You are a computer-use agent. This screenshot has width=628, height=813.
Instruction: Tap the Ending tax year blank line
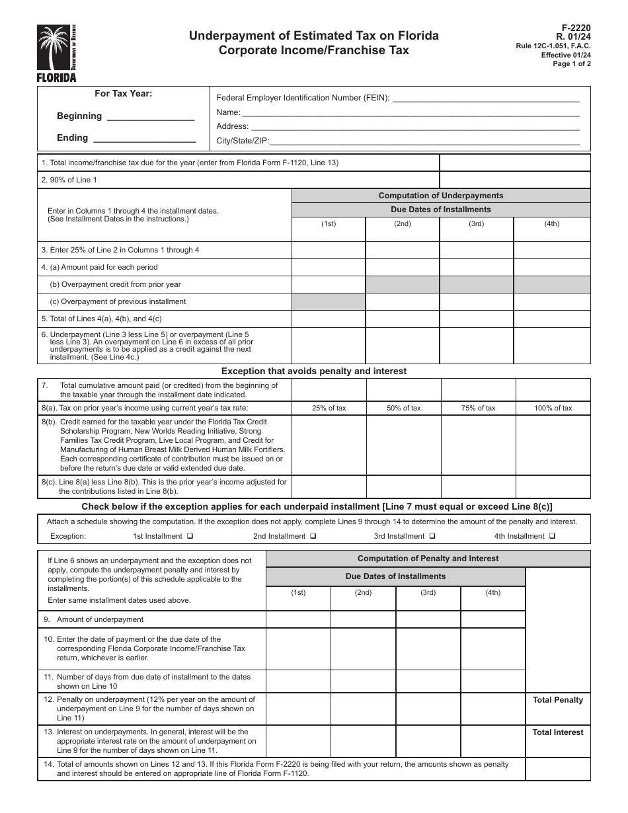point(144,139)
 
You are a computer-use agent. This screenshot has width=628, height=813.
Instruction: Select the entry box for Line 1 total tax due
point(515,163)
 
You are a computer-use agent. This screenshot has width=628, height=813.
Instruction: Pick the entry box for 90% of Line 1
point(515,180)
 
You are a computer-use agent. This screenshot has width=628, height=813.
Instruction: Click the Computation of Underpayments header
point(441,196)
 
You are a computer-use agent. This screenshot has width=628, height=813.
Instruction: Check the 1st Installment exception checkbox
point(190,537)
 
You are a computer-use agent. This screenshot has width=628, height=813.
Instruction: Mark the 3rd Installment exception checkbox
point(432,537)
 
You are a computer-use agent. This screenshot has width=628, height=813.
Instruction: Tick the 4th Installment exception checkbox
point(552,537)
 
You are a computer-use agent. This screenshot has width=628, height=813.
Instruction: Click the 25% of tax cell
point(329,408)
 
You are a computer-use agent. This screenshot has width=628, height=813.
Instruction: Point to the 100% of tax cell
point(553,408)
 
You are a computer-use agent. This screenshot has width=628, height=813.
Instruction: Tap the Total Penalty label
point(558,700)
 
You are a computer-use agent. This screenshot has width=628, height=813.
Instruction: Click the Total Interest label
point(558,732)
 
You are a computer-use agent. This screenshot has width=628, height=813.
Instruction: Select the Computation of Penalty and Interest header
point(428,559)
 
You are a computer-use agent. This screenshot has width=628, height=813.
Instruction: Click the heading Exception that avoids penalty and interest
point(314,371)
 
